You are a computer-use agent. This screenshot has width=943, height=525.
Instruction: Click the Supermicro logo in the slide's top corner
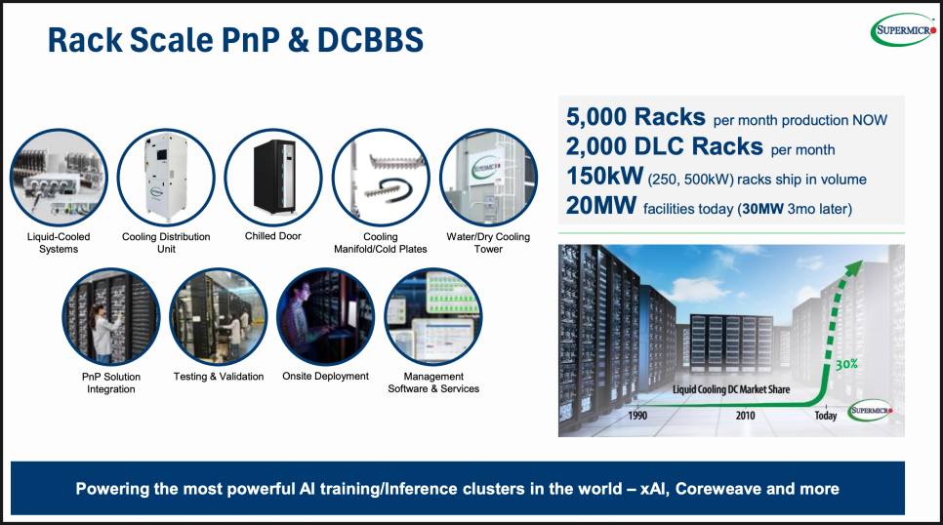coord(904,29)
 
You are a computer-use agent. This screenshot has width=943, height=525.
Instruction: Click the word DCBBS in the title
coord(370,40)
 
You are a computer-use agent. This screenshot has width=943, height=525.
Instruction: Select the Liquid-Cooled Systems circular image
coord(59,178)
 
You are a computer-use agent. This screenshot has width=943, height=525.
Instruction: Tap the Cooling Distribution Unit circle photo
coord(166,178)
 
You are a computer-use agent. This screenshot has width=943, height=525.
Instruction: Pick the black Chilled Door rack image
coord(273,178)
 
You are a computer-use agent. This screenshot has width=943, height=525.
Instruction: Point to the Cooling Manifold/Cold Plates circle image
coord(381,178)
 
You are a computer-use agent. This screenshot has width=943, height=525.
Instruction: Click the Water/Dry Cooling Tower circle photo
coord(488,178)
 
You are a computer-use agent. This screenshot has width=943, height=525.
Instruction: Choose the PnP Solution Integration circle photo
coord(111,317)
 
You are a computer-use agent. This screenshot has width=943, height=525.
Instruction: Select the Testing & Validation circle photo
coord(219,317)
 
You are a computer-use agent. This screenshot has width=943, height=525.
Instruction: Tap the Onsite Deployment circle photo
coord(326,317)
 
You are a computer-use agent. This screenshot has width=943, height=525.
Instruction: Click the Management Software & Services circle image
coord(433,317)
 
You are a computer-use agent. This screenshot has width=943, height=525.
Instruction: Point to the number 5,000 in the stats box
coord(596,117)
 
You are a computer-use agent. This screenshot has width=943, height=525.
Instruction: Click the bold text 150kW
coord(604,177)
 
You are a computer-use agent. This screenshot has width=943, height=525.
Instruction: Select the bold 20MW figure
coord(600,206)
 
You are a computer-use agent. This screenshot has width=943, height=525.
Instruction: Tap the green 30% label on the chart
coord(846,364)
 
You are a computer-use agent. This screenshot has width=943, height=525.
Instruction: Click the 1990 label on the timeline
coord(637,415)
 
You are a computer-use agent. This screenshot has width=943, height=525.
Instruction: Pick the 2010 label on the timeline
coord(745,415)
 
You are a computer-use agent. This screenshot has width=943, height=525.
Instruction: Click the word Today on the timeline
coord(826,415)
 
